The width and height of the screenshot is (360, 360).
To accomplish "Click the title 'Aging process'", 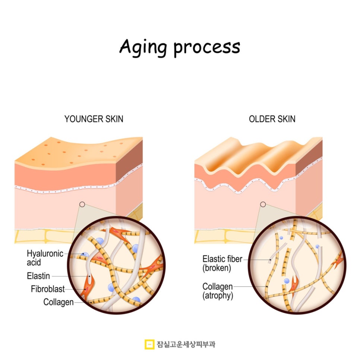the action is point(180,48).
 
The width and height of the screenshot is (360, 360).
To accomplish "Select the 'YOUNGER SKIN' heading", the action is point(94,119).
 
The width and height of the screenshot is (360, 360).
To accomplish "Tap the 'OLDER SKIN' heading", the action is point(272,119).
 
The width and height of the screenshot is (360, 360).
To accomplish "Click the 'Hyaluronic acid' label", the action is point(45,258).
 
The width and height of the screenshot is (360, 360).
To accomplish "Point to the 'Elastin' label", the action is point(38,276).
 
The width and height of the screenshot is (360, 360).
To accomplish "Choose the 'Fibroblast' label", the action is point(48,289).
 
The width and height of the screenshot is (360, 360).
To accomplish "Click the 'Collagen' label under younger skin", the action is point(59,302).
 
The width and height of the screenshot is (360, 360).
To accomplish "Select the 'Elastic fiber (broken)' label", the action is point(222,263).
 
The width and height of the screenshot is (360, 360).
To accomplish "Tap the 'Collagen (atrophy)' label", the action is point(218,291).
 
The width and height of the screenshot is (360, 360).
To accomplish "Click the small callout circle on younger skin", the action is point(82,204).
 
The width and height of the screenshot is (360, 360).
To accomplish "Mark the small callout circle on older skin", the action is point(263,204).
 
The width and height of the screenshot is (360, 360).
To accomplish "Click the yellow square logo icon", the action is point(149,344).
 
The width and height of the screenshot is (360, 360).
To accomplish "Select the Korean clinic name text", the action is point(186,344).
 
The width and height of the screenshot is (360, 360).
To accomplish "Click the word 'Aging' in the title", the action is point(143,48).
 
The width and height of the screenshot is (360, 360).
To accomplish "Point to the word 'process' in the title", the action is point(207,48).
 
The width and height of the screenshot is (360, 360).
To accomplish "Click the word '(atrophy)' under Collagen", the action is point(218,296).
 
